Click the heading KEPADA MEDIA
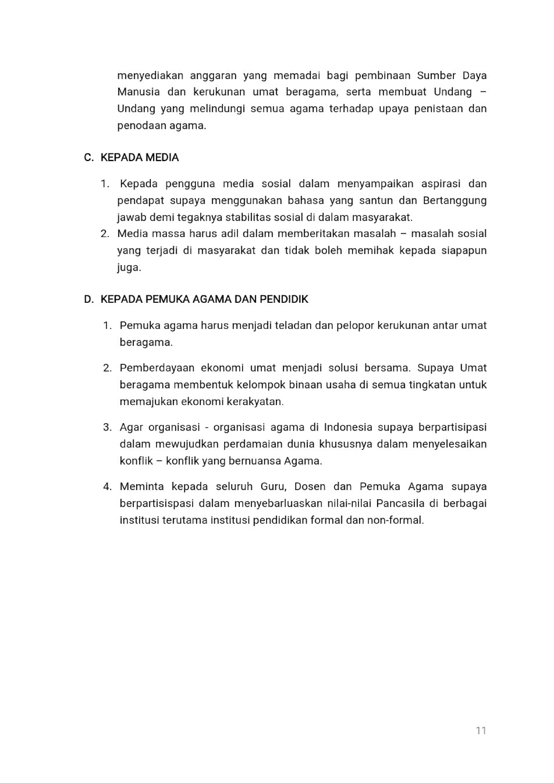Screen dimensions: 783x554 click(x=140, y=158)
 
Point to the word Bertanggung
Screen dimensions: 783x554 click(x=455, y=200)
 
